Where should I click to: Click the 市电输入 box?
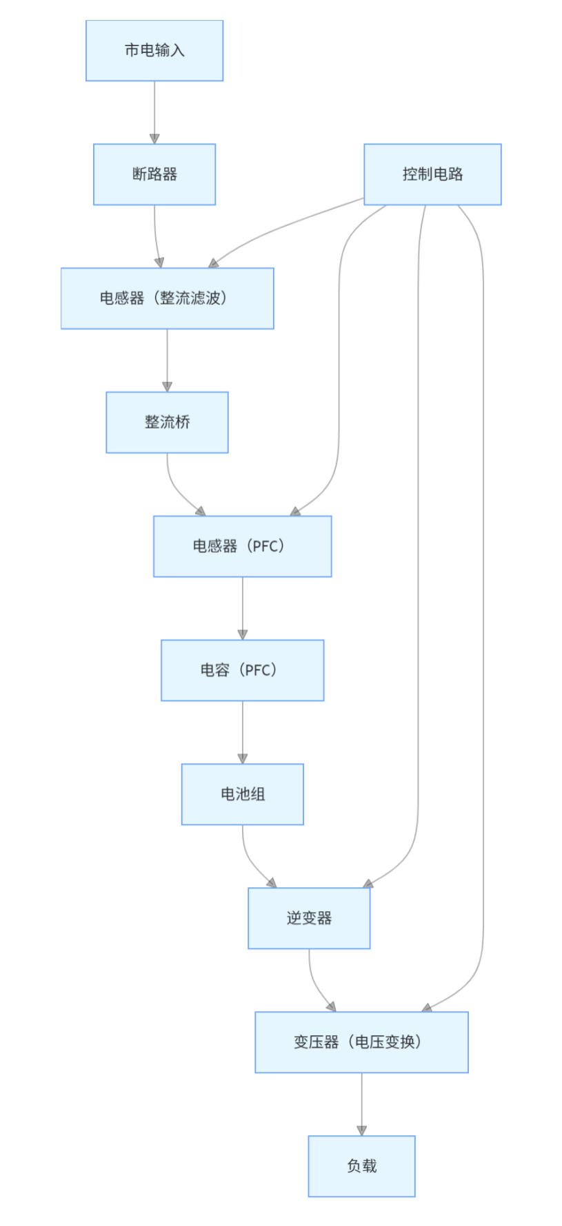[x=154, y=50]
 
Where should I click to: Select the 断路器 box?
[x=154, y=174]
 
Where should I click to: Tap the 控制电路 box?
[x=432, y=174]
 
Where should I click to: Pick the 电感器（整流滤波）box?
[x=167, y=298]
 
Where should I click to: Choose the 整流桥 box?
[x=167, y=422]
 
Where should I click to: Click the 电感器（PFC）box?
[x=242, y=546]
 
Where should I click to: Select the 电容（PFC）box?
[x=242, y=670]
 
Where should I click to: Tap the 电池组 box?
[x=242, y=794]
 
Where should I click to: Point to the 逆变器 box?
[x=309, y=918]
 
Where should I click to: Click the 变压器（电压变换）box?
[x=361, y=1042]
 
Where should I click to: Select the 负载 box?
[x=361, y=1166]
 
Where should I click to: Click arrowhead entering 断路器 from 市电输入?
[x=154, y=139]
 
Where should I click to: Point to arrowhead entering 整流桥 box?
[x=167, y=387]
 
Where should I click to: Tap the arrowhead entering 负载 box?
[x=361, y=1131]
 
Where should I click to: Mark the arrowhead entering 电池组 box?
[x=242, y=759]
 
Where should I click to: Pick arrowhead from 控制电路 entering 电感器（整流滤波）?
[x=214, y=263]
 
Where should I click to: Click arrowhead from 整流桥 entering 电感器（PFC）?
[x=201, y=512]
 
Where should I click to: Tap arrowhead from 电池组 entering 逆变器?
[x=272, y=884]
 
